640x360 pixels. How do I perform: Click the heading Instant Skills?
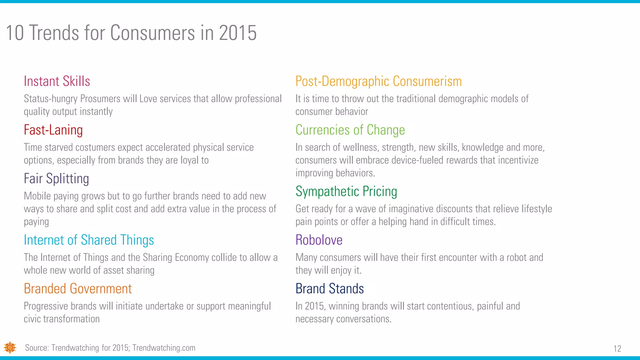click(x=57, y=81)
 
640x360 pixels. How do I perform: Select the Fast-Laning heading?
click(x=53, y=130)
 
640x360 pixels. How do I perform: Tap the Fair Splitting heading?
click(x=56, y=179)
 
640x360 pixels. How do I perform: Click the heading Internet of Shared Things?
click(x=89, y=240)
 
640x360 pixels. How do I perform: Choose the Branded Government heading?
click(x=77, y=289)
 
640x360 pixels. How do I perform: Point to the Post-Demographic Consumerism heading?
click(x=378, y=81)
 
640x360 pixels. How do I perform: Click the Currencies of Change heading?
click(x=350, y=130)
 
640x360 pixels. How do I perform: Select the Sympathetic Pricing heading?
click(x=346, y=191)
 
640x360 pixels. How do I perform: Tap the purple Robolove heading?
click(x=319, y=240)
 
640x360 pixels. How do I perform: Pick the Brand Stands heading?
click(x=329, y=289)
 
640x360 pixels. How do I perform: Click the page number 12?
click(x=617, y=349)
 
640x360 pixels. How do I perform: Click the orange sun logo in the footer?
click(x=10, y=347)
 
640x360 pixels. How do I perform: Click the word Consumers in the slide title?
click(x=152, y=33)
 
